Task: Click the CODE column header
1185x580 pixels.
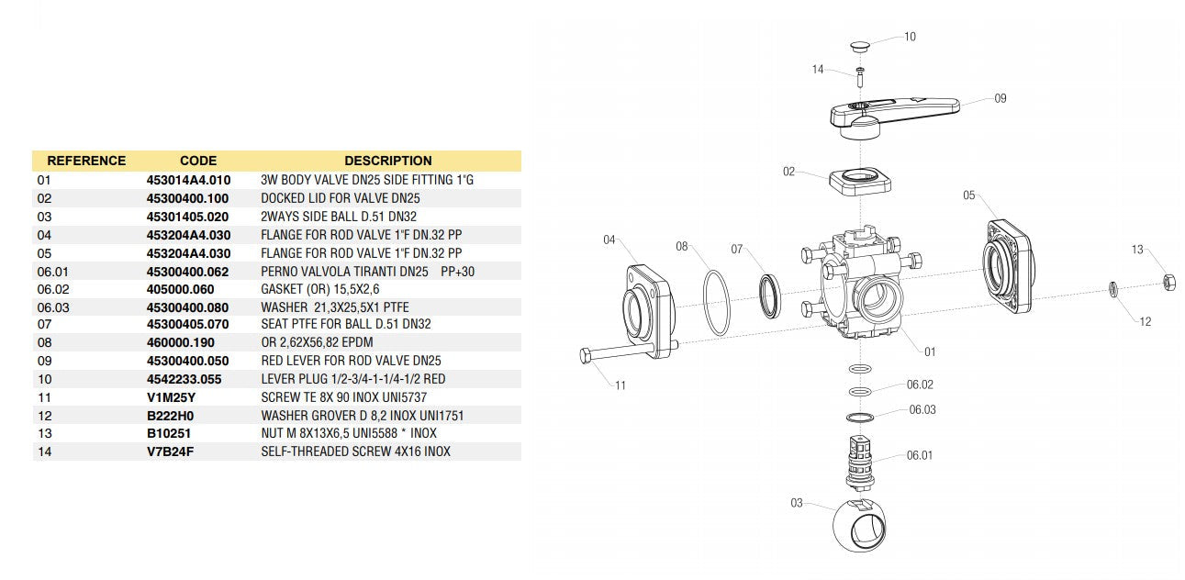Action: (197, 161)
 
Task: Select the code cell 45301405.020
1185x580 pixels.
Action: (188, 217)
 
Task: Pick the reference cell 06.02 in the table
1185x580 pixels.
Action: (52, 289)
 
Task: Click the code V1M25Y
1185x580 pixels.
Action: (172, 397)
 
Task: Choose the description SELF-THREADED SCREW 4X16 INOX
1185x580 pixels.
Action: (355, 452)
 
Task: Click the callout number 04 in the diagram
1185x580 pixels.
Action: (609, 240)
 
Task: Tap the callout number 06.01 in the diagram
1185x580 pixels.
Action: (919, 455)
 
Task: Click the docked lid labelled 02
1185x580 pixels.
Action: (862, 182)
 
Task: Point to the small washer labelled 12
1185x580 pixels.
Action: (1112, 290)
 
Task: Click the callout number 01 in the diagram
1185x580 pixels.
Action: (930, 351)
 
